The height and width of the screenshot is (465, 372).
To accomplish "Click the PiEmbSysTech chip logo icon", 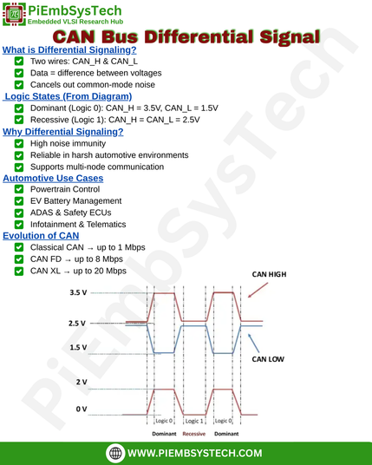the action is [14, 14].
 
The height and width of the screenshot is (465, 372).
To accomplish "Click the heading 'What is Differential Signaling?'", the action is [69, 49].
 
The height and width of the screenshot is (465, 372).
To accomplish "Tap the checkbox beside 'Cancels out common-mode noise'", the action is [19, 84].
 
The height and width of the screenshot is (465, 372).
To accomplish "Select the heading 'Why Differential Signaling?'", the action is [62, 132].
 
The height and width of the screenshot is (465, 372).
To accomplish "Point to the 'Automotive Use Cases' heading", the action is [53, 178].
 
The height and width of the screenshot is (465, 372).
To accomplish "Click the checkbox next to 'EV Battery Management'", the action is [19, 201].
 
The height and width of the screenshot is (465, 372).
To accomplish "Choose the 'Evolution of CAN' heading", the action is [41, 235].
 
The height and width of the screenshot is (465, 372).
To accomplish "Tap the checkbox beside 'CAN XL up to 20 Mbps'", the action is [19, 271].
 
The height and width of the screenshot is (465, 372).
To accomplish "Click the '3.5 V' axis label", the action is [78, 292].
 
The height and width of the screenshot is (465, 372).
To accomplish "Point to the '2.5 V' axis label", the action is [77, 324].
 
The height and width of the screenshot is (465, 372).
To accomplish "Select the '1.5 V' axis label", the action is [78, 347].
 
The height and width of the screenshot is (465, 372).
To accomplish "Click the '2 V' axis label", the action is [82, 382].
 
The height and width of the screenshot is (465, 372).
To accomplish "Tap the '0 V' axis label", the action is [82, 409].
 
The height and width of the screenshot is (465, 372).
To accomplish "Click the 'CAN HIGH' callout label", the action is [269, 274].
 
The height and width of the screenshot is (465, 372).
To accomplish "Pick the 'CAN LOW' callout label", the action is [268, 359].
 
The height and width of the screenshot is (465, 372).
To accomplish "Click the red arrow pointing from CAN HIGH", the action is [258, 290].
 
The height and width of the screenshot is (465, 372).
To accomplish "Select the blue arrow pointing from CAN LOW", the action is [254, 344].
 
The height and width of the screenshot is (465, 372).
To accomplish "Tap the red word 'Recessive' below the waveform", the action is [194, 434].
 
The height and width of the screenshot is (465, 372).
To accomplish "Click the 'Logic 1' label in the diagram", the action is [194, 421].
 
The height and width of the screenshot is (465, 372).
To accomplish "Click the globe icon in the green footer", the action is [115, 453].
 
